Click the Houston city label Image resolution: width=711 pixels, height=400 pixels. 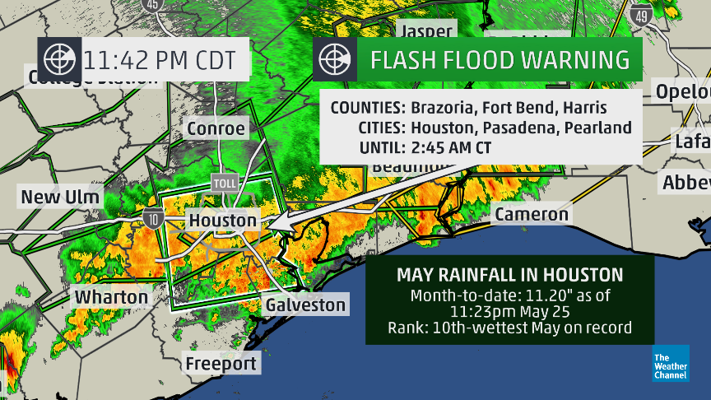(223, 221)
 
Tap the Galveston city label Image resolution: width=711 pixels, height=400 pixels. (305, 305)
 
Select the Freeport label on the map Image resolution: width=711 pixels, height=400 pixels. (221, 363)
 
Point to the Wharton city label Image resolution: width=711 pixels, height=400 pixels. (112, 297)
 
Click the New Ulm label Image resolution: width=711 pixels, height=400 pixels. (60, 197)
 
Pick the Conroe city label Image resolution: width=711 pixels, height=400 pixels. (216, 128)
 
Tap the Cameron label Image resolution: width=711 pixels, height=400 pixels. (531, 214)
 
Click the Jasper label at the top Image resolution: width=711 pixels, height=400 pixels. (425, 31)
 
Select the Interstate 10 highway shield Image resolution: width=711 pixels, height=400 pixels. (153, 218)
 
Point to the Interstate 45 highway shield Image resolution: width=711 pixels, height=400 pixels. (152, 5)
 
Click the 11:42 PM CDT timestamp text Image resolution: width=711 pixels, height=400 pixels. (160, 59)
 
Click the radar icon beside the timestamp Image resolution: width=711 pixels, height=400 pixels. (58, 59)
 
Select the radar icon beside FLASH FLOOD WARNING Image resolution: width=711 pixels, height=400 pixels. (336, 59)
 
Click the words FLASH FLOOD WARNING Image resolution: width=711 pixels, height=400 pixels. (500, 59)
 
